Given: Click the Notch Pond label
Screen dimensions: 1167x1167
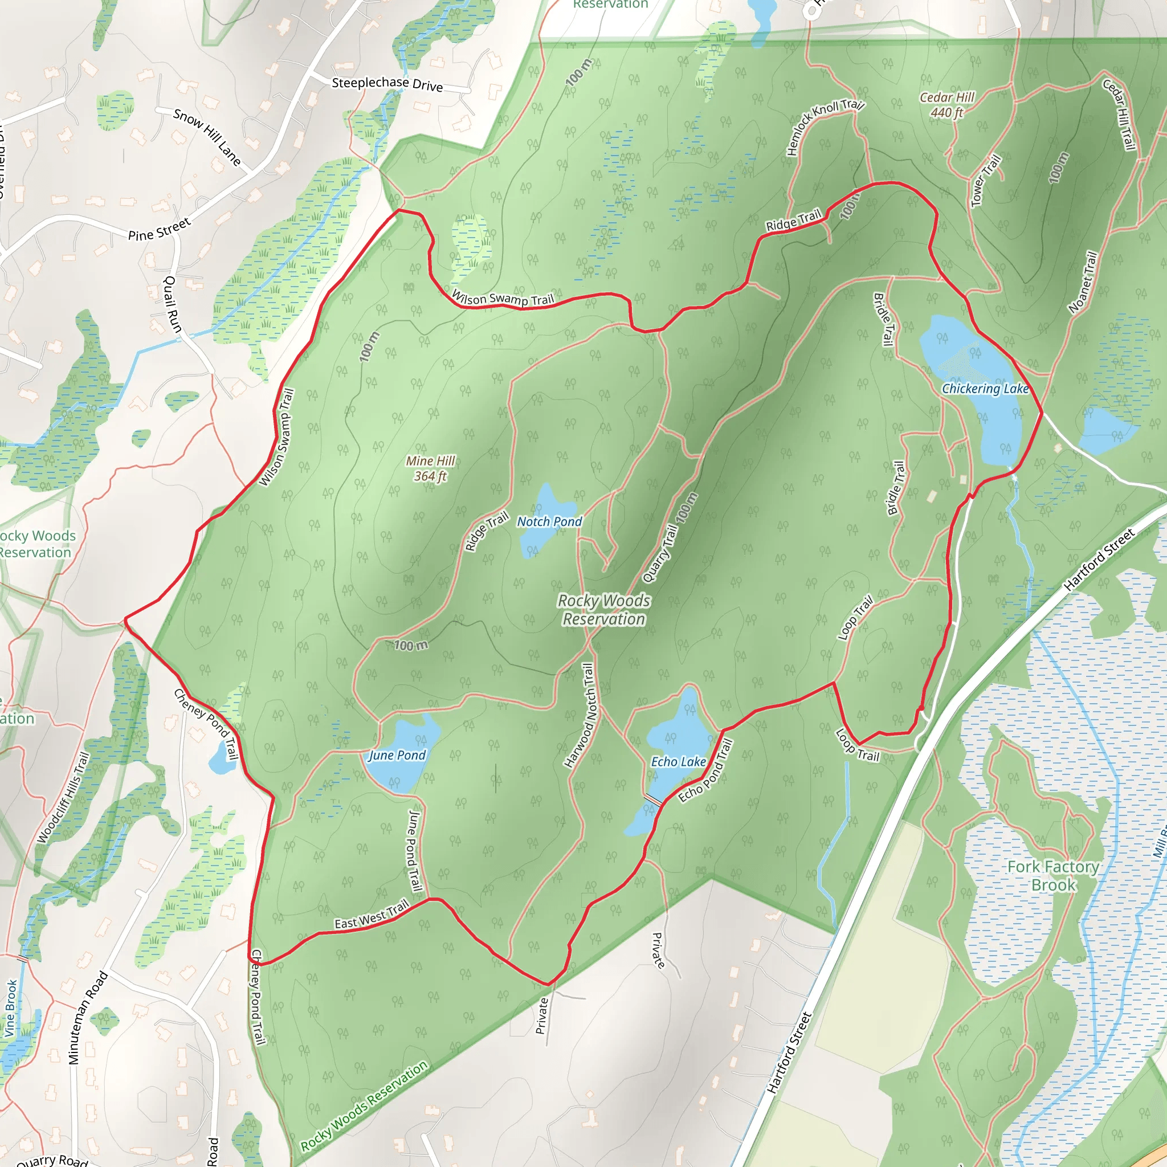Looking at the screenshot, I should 549,521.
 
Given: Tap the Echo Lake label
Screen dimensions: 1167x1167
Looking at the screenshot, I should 678,762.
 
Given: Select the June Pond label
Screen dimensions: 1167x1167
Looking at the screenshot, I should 397,755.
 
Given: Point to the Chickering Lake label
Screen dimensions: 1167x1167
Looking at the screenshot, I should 985,389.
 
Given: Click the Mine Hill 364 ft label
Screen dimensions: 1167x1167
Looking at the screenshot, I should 430,469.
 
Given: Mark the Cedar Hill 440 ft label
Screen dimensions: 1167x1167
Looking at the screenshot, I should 947,105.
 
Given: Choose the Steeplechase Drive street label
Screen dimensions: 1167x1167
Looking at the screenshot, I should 387,84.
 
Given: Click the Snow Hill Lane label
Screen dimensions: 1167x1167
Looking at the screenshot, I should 207,137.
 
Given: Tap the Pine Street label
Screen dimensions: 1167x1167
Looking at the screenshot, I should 160,230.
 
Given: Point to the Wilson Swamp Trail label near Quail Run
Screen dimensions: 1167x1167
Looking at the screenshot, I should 276,436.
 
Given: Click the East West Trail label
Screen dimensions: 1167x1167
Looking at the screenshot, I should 372,915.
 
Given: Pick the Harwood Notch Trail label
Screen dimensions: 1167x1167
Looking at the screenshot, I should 581,715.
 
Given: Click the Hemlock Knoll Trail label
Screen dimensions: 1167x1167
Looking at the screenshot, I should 825,127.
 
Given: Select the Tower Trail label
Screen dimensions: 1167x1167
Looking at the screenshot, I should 986,181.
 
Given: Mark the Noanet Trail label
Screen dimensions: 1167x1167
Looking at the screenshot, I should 1083,283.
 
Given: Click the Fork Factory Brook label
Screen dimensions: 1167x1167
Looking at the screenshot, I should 1054,876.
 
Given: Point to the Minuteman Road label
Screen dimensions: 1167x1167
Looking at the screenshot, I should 88,1017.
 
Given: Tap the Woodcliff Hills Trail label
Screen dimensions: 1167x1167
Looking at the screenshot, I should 63,797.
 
